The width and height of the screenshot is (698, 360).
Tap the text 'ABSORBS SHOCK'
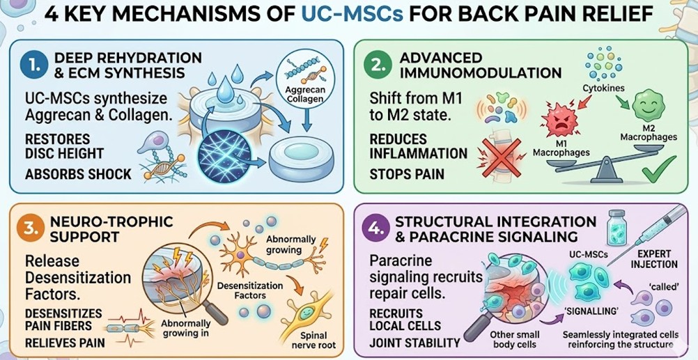coord(77,174)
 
